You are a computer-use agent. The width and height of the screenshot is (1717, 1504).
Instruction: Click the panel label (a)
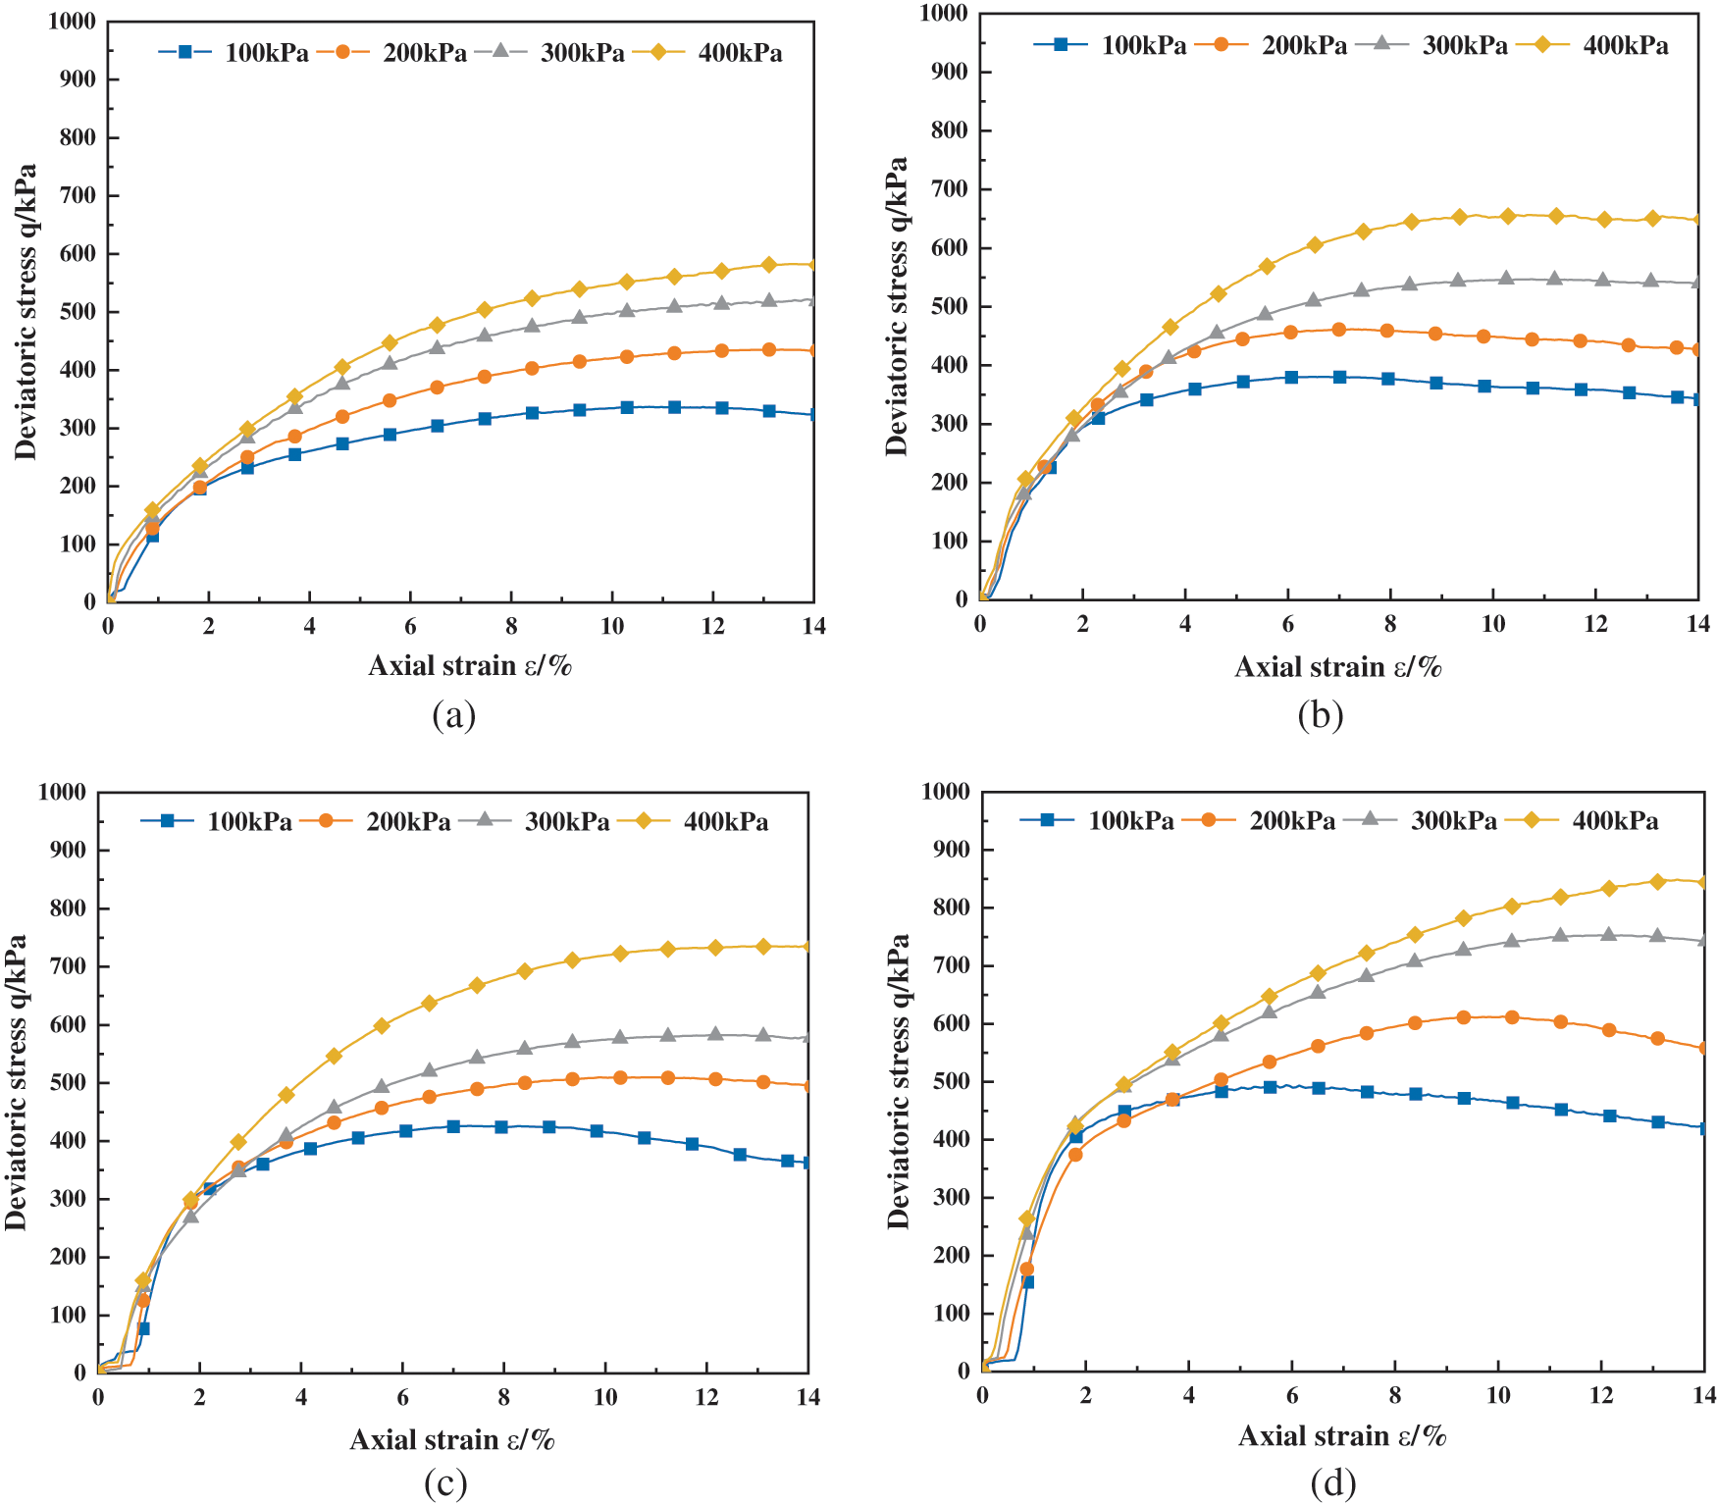tap(453, 714)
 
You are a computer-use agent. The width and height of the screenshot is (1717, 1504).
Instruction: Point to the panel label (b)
tap(1320, 715)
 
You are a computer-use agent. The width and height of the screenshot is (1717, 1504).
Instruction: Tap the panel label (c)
tap(445, 1482)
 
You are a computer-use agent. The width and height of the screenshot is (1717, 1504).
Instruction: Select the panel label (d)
tap(1332, 1482)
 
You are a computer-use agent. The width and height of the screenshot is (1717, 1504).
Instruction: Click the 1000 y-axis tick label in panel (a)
tap(72, 22)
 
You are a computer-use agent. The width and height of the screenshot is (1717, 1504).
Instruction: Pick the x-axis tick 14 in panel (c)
tap(807, 1397)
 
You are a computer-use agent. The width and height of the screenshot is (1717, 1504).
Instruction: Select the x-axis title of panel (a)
tap(469, 666)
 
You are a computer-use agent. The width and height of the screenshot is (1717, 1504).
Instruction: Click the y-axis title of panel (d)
tap(898, 1081)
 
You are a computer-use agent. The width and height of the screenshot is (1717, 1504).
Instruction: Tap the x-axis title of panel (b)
tap(1337, 667)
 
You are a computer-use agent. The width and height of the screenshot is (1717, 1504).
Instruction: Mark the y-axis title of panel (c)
tap(15, 1081)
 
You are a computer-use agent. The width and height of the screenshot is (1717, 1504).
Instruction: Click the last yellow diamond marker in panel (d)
tap(1703, 881)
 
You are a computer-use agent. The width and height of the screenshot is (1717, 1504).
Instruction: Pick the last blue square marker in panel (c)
tap(806, 1163)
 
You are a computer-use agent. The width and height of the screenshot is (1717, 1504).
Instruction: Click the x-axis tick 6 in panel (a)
tap(410, 627)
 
